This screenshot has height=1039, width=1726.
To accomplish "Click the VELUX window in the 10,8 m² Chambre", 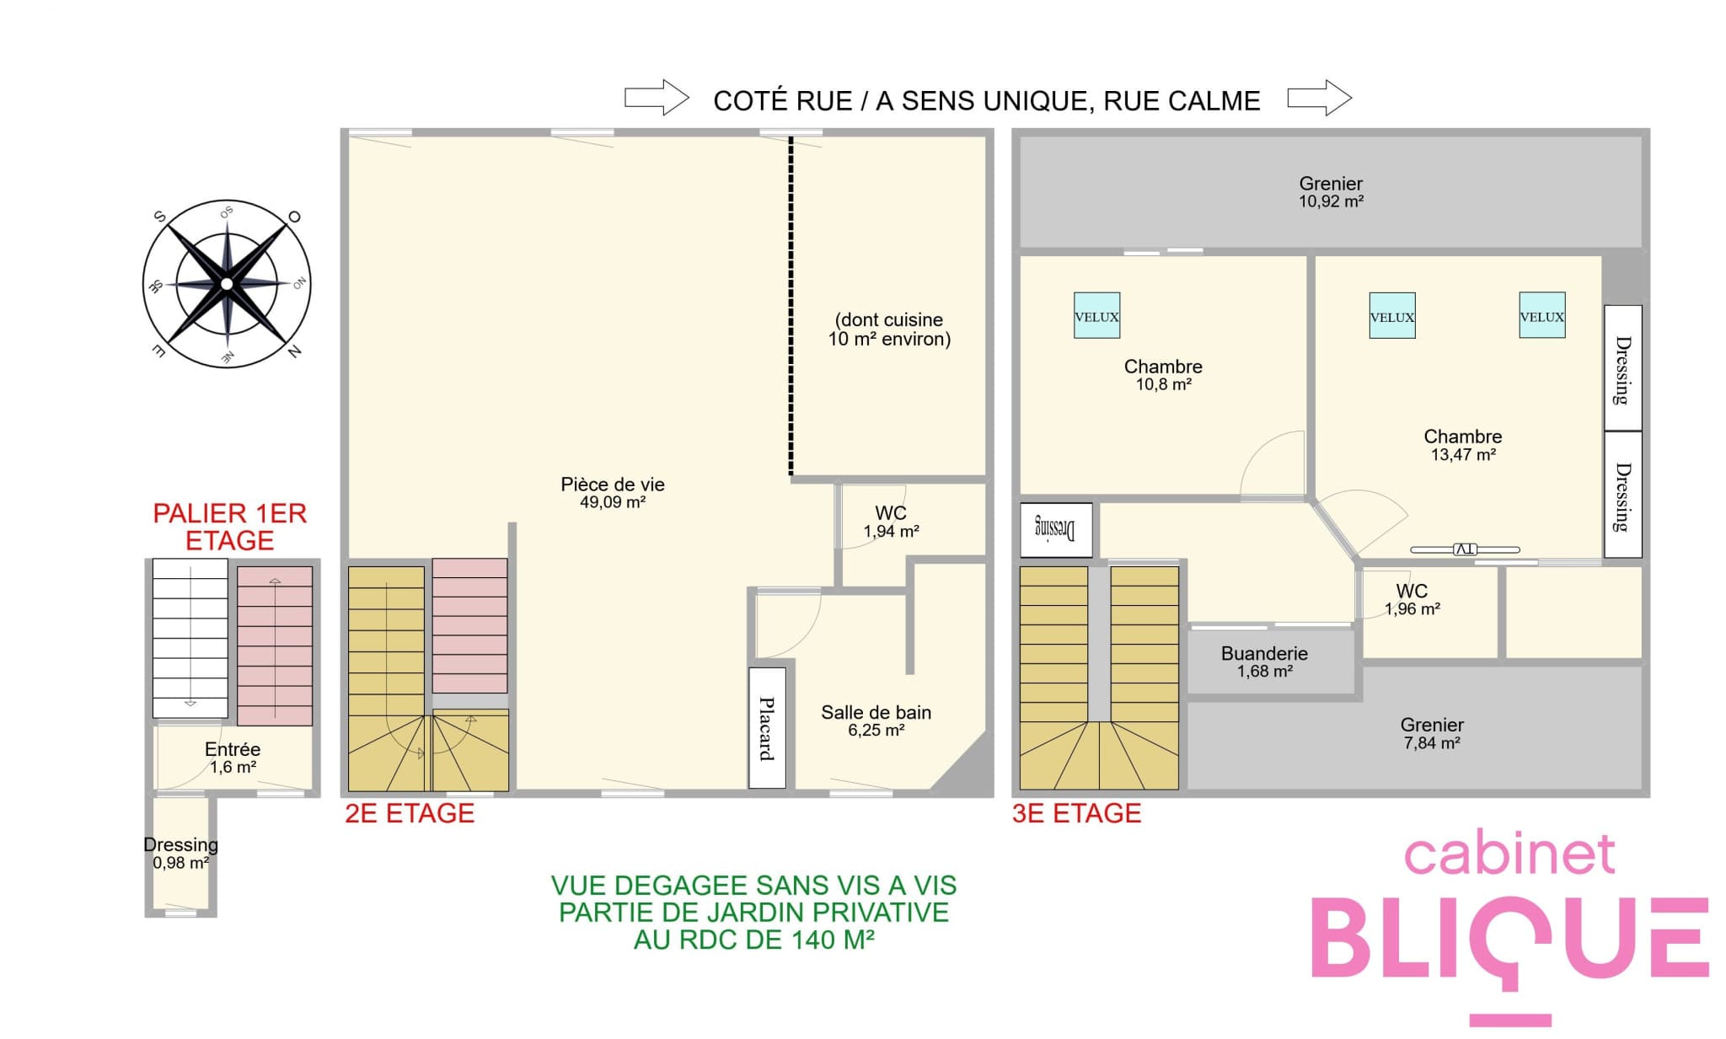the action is tap(1096, 315).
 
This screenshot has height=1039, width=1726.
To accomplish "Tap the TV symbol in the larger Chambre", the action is tap(1465, 549).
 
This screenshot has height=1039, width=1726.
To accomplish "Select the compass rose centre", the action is tap(226, 284).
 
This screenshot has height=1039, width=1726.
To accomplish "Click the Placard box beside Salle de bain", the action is tap(767, 728).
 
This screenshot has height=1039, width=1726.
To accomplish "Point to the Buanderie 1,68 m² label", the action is tap(1264, 661).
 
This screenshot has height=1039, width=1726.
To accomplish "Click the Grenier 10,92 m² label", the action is tap(1331, 191).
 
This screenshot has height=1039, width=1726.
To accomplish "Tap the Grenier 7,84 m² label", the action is tap(1432, 733).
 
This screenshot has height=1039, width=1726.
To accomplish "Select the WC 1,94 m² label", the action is tap(891, 522).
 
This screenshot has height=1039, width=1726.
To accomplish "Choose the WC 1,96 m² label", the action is tap(1412, 599).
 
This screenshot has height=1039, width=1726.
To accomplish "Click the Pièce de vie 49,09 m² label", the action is tap(613, 492).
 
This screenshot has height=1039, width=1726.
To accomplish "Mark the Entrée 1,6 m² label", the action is tap(233, 757).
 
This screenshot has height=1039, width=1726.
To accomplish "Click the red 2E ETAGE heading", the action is tap(410, 813).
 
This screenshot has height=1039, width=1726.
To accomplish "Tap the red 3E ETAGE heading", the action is tap(1076, 813).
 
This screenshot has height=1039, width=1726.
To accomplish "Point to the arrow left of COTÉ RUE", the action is tap(657, 98).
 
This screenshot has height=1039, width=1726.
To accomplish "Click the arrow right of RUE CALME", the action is tap(1320, 98).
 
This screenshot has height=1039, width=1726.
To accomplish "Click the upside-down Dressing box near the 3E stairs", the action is tap(1056, 530).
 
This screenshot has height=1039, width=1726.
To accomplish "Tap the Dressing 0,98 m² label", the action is tap(180, 853).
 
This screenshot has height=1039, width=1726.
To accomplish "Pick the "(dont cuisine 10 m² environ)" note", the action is tap(889, 329).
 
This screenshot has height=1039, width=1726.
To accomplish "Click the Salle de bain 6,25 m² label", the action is tap(876, 720).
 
